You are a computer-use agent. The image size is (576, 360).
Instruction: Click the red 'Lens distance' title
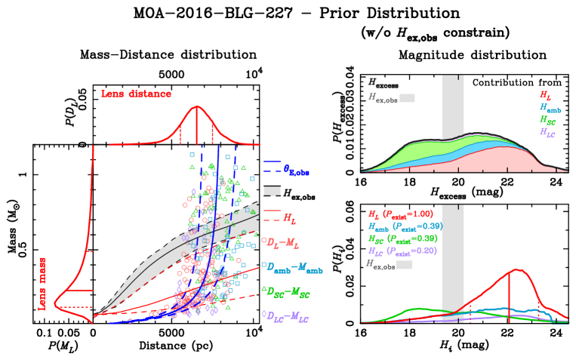136,94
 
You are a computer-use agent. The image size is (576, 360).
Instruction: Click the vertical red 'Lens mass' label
42,283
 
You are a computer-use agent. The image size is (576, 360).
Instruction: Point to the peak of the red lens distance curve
197,108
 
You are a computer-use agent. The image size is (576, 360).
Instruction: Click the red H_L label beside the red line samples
289,218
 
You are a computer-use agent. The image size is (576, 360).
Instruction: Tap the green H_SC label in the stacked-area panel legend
547,120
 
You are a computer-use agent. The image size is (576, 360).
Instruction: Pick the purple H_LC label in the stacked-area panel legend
547,132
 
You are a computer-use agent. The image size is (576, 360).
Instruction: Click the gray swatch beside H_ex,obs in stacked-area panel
407,98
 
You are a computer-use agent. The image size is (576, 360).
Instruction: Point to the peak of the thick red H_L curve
518,269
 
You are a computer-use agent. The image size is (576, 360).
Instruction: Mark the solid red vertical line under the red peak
509,298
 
